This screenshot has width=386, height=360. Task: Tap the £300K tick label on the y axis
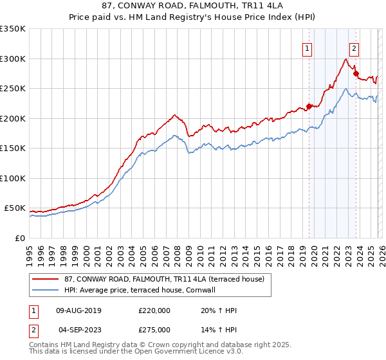point(13,59)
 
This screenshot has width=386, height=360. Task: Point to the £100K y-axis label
point(13,178)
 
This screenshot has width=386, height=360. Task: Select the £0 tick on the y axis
point(19,238)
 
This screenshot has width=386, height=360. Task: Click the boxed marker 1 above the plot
point(308,48)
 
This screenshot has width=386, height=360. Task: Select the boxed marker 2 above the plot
point(354,48)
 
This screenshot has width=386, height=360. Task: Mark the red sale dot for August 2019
point(309,107)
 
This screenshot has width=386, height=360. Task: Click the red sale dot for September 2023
point(356,74)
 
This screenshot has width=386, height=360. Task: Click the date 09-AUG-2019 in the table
point(79,310)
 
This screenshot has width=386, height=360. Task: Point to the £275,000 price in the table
point(154,330)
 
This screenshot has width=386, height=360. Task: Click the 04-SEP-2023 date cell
point(79,330)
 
